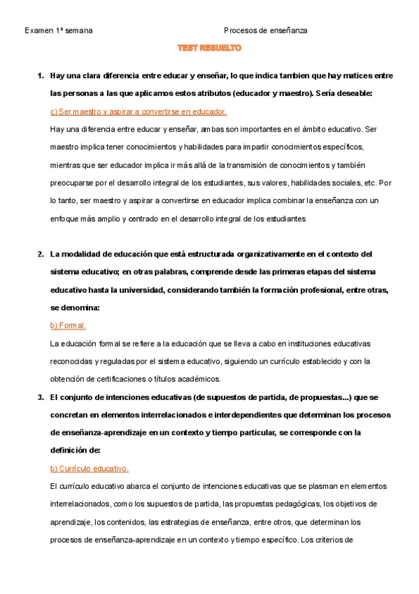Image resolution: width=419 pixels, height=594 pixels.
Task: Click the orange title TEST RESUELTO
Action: [209, 48]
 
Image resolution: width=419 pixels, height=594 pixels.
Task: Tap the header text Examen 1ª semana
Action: [59, 31]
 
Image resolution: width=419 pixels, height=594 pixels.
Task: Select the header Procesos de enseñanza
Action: [266, 31]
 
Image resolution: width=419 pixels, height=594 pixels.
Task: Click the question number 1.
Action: [41, 75]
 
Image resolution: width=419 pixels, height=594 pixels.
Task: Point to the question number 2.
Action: [41, 253]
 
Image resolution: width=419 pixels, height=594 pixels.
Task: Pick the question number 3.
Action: [41, 397]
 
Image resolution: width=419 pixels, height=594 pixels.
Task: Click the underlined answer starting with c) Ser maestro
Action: [139, 111]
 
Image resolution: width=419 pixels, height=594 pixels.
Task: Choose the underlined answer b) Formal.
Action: [68, 326]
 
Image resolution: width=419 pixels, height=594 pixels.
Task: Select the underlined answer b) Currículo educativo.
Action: [90, 469]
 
